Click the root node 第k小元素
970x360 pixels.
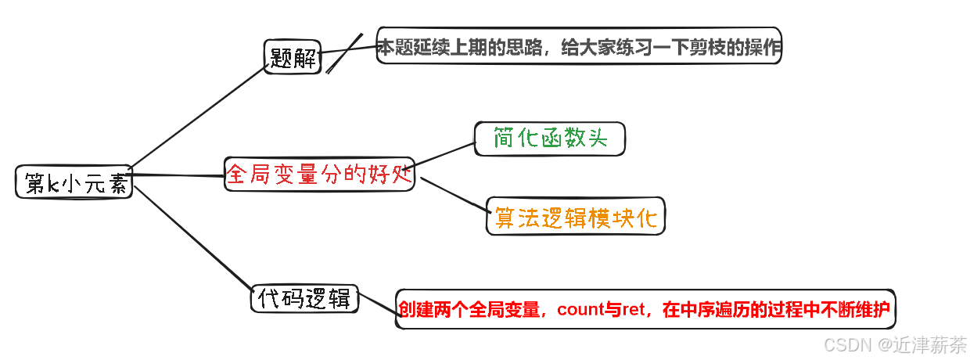(74, 183)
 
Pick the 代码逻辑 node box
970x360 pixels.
(304, 298)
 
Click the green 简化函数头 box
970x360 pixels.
(550, 139)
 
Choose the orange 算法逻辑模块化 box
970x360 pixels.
(575, 216)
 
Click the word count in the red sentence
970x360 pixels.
(579, 310)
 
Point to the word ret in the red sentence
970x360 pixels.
(634, 310)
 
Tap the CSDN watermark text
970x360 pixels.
(847, 344)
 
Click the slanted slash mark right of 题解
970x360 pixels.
(345, 53)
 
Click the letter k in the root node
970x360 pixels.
(54, 184)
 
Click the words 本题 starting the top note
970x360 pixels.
(393, 47)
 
